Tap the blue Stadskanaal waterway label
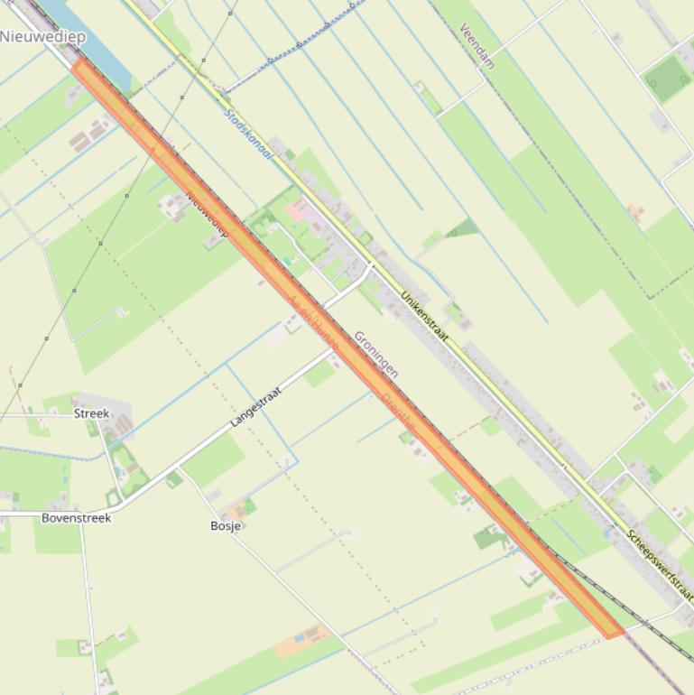[247, 134]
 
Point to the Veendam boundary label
[477, 45]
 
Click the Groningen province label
[375, 354]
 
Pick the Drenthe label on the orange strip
[398, 412]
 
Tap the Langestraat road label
[256, 406]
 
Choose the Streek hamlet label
[91, 413]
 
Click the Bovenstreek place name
[76, 518]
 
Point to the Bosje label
[225, 525]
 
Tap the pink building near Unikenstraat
[297, 210]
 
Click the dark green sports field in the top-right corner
[669, 80]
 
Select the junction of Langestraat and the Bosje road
[179, 470]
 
